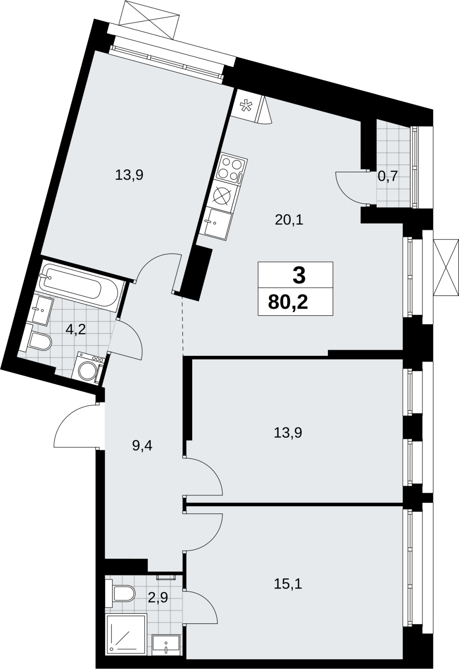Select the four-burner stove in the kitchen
[x=231, y=169]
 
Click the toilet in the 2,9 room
[x=120, y=593]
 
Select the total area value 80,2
[x=288, y=303]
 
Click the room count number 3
[x=299, y=276]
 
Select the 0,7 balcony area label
[x=388, y=177]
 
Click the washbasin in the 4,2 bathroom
[x=42, y=310]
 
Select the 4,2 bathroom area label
[x=76, y=330]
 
